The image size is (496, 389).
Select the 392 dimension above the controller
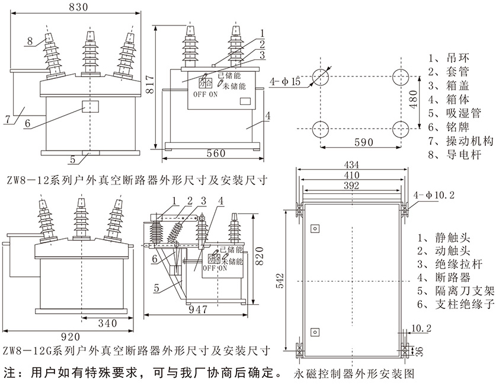351,186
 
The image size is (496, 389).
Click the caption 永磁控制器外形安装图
353,375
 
